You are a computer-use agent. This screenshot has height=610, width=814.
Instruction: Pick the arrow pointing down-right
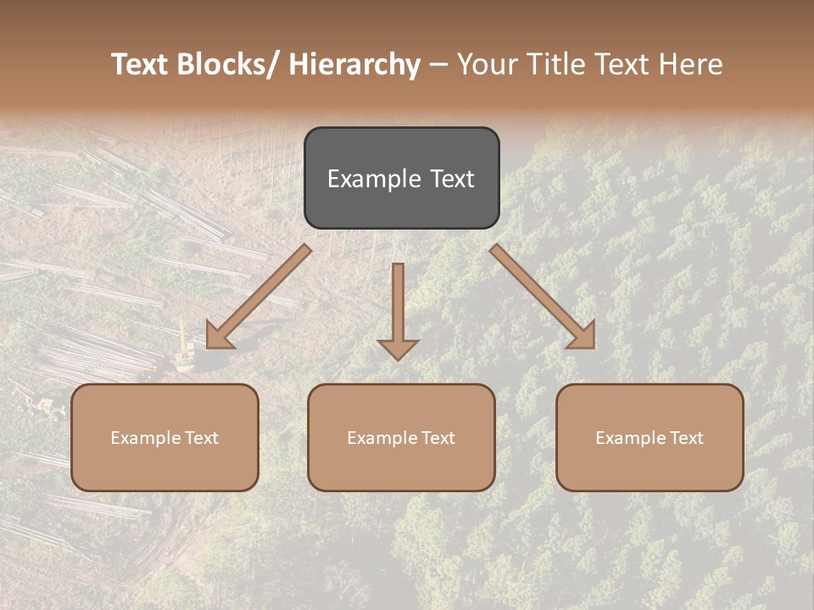click(544, 297)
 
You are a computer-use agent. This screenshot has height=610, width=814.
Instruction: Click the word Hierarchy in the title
click(354, 64)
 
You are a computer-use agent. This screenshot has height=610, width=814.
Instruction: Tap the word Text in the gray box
click(450, 179)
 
